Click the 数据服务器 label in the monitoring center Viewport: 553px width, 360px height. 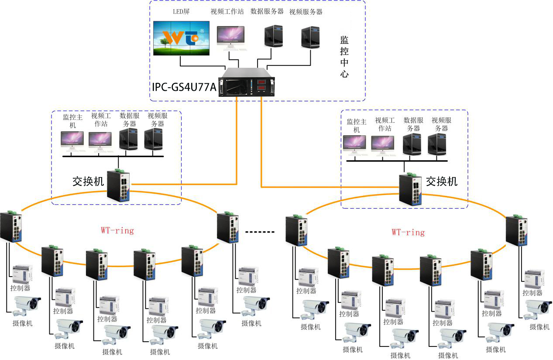pos(267,12)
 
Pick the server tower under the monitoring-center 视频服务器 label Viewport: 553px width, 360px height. pos(311,38)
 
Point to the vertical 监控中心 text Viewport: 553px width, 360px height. pos(344,57)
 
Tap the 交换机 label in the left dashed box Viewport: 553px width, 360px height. pos(88,181)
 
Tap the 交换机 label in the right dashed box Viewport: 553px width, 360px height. pos(441,181)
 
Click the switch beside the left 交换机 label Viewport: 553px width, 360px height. pos(119,185)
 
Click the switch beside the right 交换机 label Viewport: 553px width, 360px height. pos(411,189)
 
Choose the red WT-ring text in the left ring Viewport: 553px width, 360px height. pos(117,230)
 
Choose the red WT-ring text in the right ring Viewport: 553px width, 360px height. pos(408,232)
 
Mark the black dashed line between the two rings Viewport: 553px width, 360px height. pos(260,232)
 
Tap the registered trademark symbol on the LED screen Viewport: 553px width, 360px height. pos(202,31)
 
